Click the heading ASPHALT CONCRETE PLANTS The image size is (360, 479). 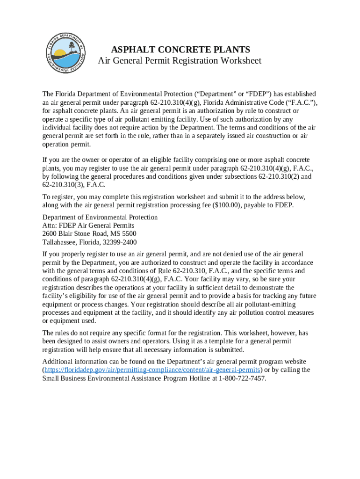tap(180, 50)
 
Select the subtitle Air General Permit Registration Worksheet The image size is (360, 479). tap(180, 61)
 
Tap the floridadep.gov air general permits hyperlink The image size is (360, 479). tap(152, 370)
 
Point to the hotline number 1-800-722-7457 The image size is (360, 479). tap(242, 378)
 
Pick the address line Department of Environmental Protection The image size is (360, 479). tap(100, 217)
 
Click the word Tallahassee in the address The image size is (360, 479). tap(61, 242)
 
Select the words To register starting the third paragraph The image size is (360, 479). tap(57, 197)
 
